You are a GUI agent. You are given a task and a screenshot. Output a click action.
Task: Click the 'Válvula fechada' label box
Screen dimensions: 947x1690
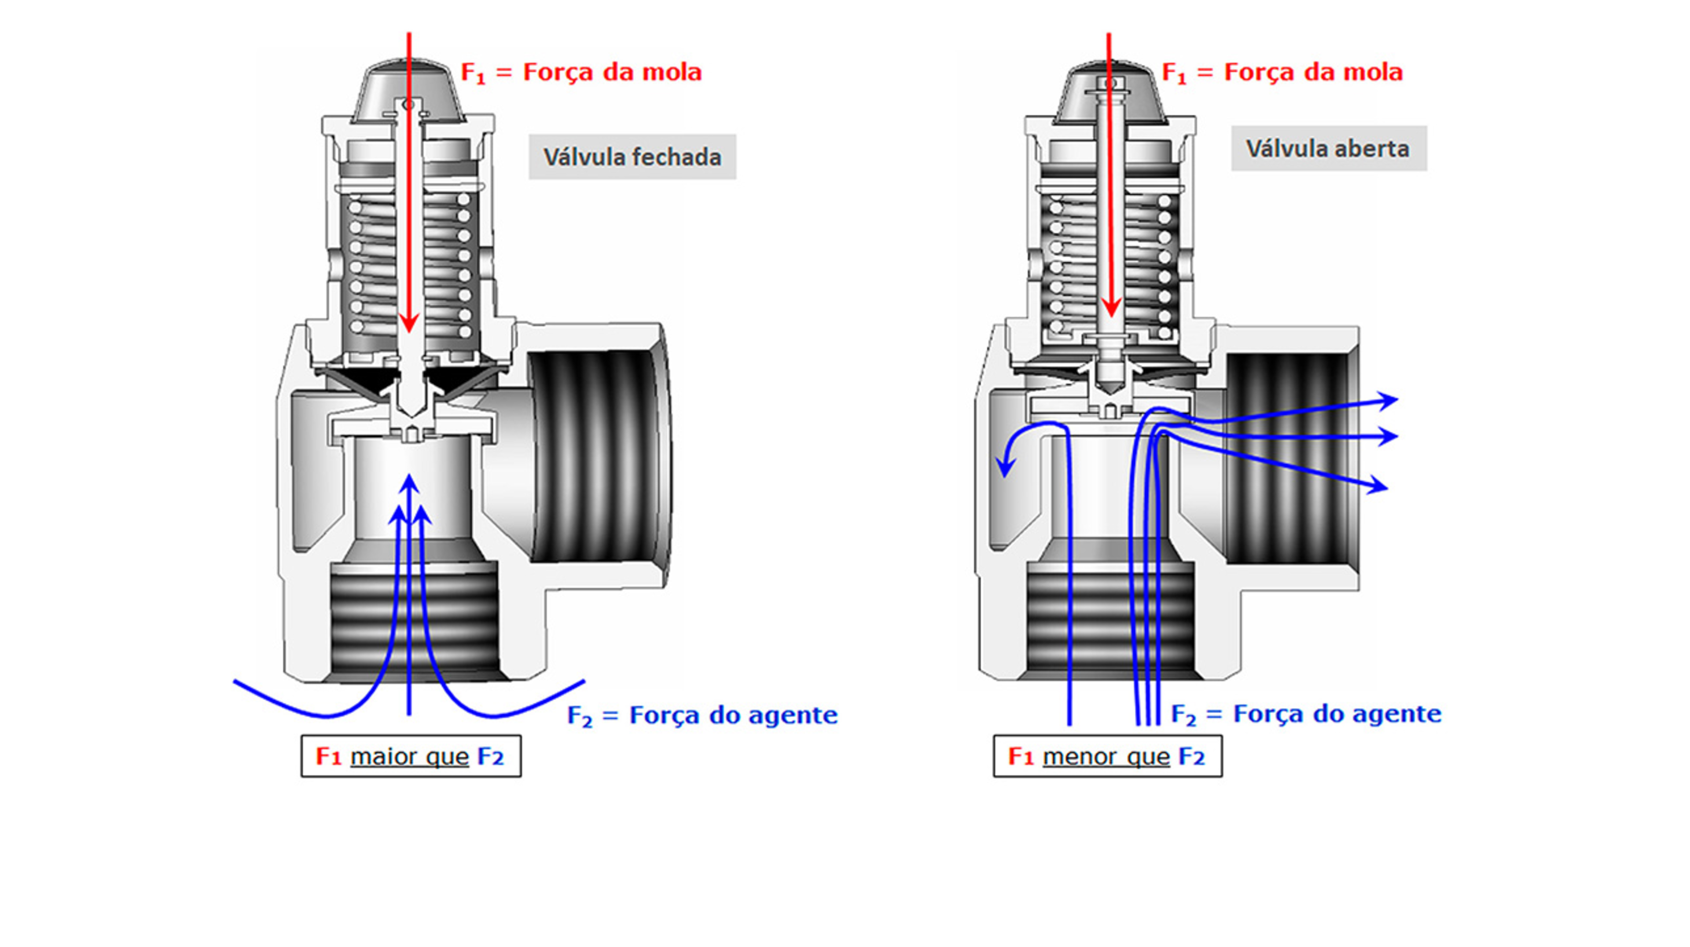[x=632, y=157]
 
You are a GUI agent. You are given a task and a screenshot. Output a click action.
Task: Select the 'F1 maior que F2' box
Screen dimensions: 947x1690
[x=411, y=756]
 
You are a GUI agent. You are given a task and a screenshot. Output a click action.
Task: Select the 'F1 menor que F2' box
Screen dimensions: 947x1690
[x=1107, y=756]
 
